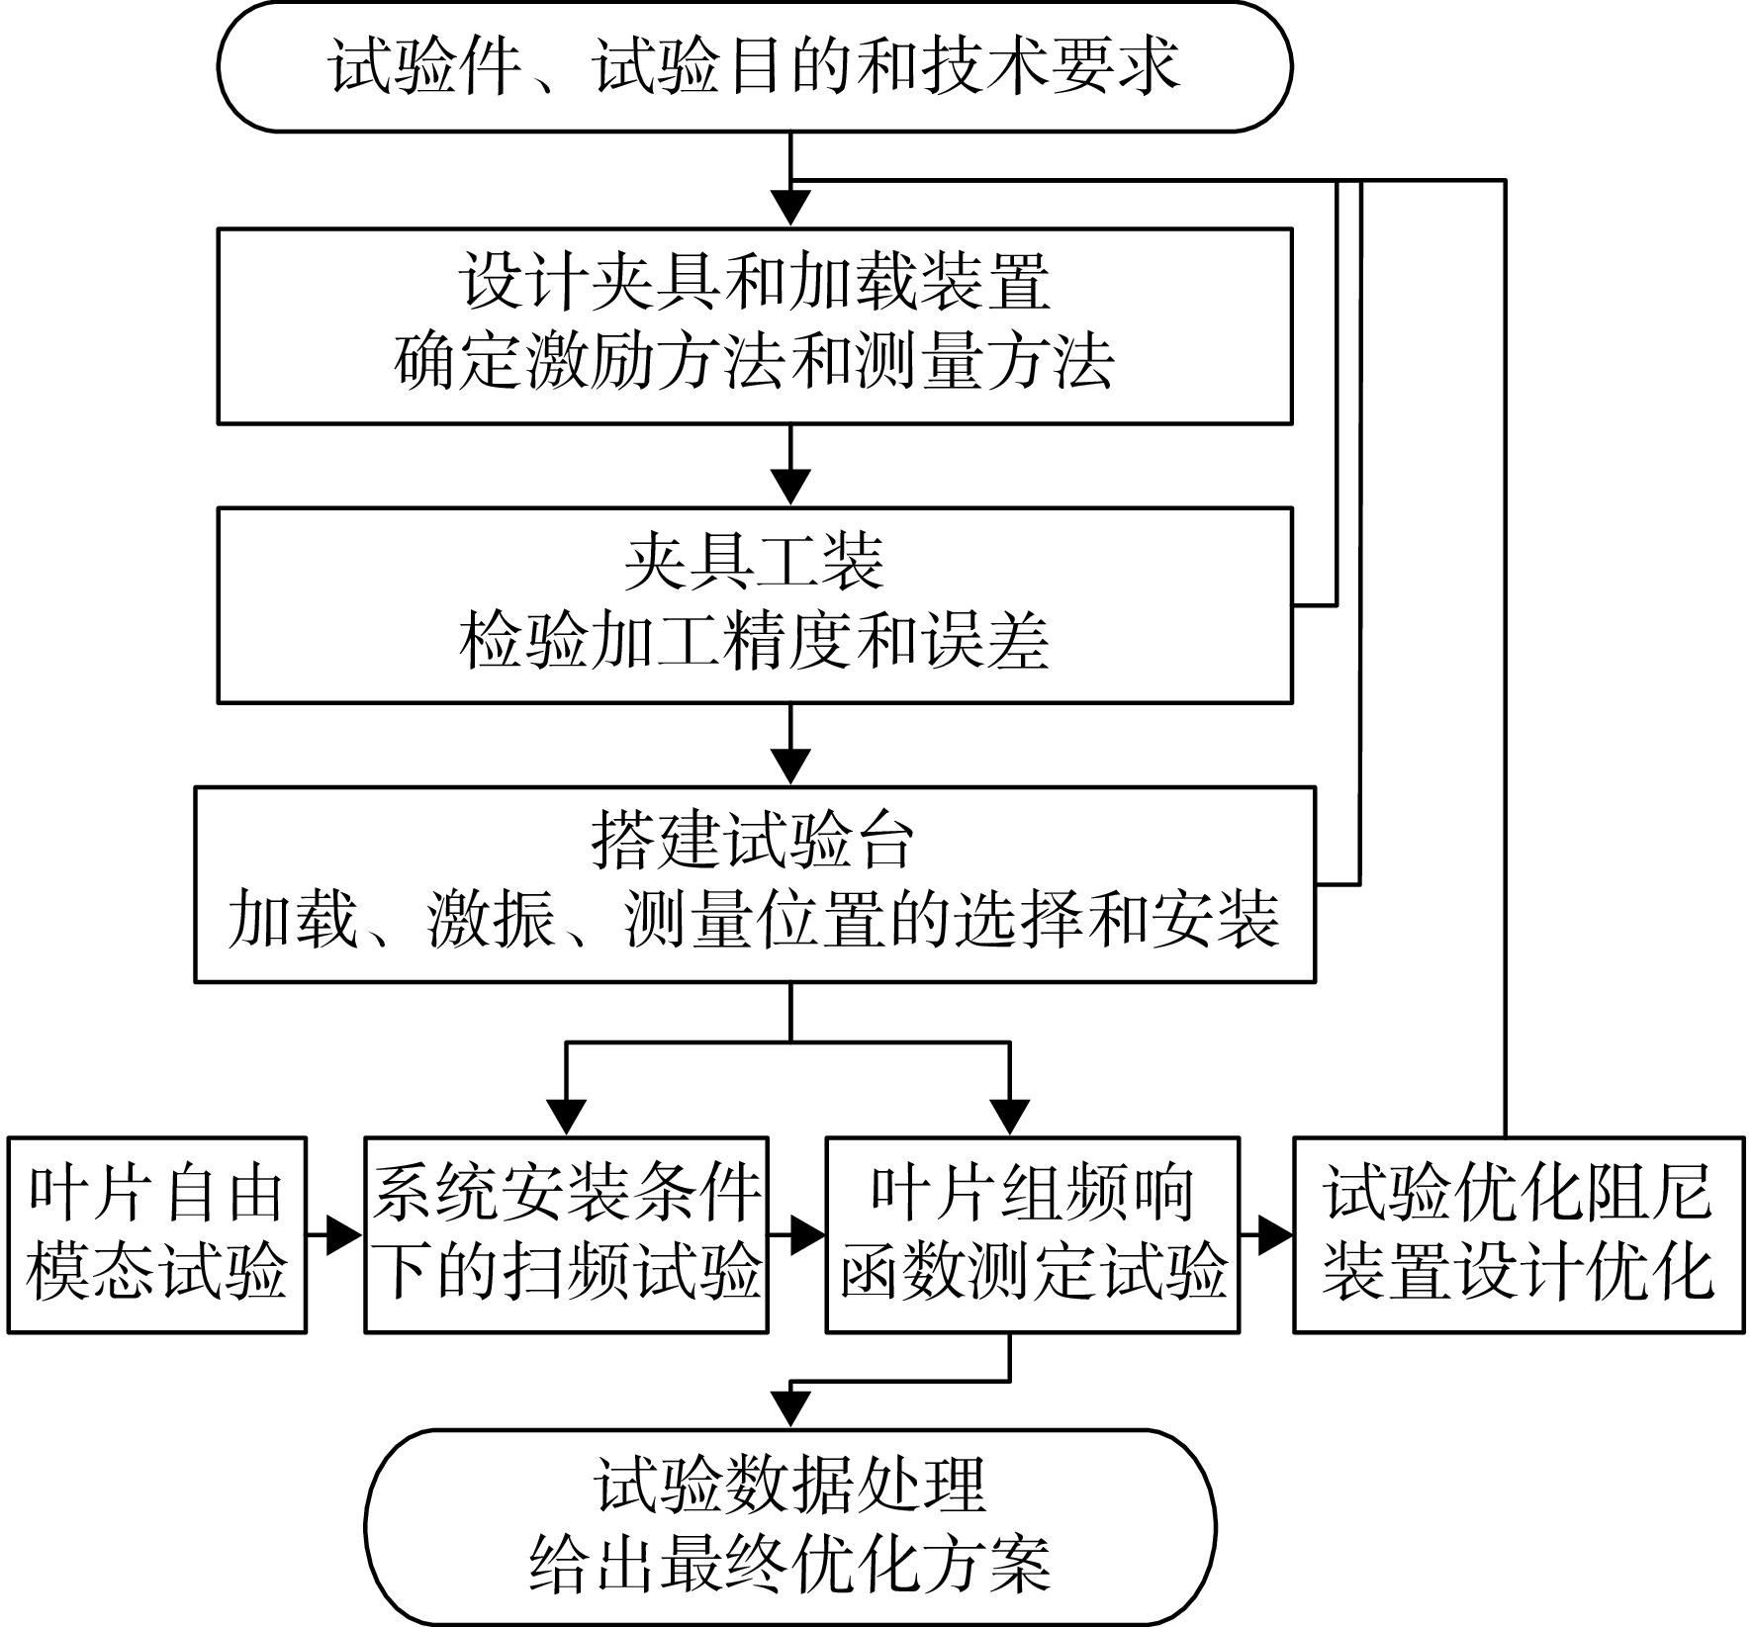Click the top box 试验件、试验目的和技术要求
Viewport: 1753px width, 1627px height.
point(755,67)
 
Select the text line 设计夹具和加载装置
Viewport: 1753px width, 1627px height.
point(755,283)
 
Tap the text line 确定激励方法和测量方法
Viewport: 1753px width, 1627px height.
point(755,362)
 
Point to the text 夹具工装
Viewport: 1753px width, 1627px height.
point(755,562)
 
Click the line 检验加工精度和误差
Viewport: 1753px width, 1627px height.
point(755,641)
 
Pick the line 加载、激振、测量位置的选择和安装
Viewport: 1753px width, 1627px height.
point(755,920)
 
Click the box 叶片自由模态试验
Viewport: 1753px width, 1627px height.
point(157,1234)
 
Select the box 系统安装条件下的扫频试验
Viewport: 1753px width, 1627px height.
point(567,1234)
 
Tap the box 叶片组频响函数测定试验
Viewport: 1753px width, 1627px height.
point(1033,1234)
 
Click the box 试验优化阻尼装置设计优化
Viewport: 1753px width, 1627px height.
point(1519,1234)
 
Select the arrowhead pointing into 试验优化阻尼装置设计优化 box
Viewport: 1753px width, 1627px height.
point(1275,1234)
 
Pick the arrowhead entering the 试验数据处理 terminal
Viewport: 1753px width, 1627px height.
point(790,1409)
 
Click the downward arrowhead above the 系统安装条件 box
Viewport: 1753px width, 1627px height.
point(567,1118)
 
